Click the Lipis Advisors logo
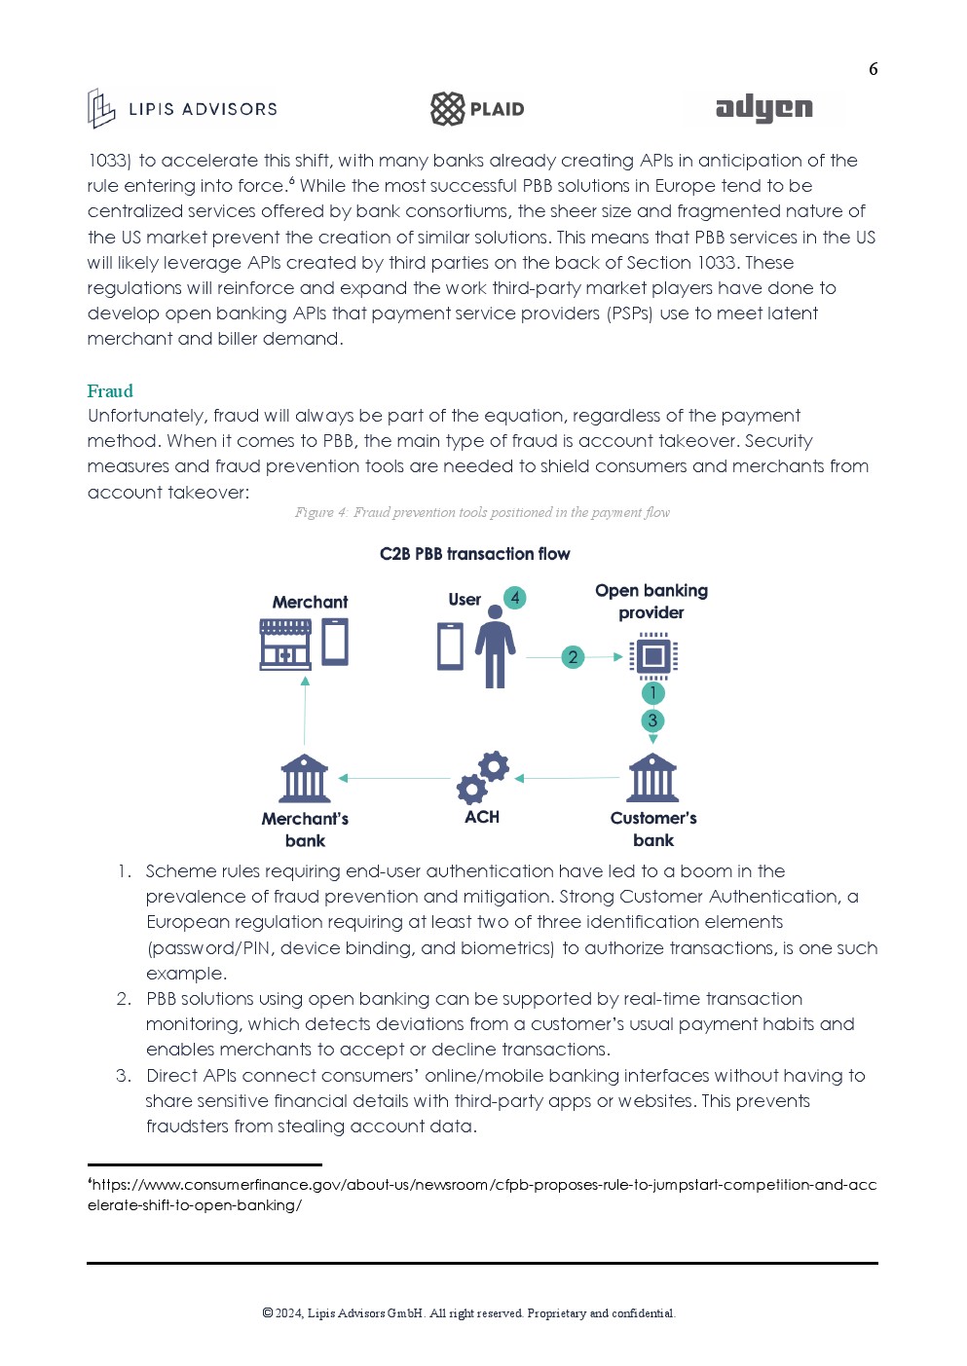183,109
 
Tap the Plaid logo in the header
477,109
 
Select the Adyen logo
763,108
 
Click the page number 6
873,69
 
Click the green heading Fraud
110,391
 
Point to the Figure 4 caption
482,512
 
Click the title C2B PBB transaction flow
474,554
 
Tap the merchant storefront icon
285,644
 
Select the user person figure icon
495,646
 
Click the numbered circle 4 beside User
514,598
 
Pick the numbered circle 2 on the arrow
573,657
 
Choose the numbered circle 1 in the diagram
652,693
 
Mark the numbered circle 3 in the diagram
652,720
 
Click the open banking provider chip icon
652,655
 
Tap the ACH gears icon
483,777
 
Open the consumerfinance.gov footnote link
482,1195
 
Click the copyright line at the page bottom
468,1313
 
